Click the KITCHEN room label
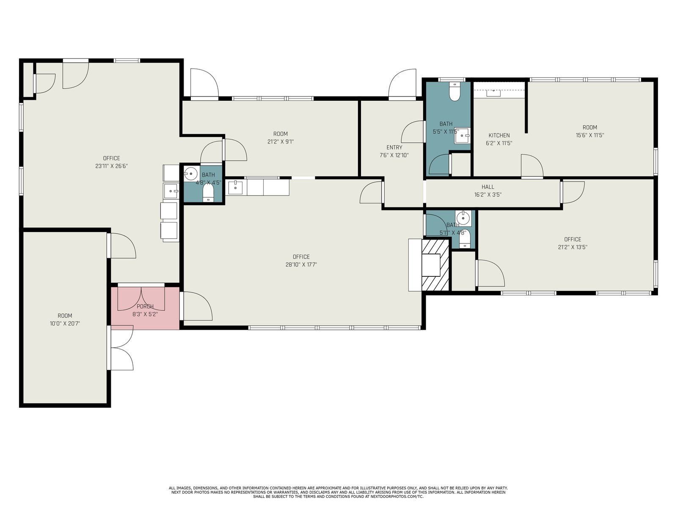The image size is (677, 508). (499, 135)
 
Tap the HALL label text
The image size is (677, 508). (487, 187)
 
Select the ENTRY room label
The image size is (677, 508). (394, 147)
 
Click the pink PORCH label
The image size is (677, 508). (145, 306)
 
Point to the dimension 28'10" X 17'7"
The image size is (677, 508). (301, 264)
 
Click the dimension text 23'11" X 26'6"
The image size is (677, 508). (111, 166)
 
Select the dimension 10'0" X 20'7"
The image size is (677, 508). (65, 323)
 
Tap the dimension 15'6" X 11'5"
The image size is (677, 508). (590, 135)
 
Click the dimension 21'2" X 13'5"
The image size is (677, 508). (572, 247)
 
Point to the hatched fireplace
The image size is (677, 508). (435, 265)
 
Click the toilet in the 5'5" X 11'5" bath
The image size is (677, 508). (454, 91)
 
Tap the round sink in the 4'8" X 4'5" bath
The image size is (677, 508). (191, 174)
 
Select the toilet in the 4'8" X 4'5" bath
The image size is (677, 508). (208, 193)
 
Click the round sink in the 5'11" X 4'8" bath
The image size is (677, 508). (463, 218)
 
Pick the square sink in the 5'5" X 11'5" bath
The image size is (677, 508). (462, 136)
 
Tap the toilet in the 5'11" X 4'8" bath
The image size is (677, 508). (465, 239)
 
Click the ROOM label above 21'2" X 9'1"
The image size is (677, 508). (281, 134)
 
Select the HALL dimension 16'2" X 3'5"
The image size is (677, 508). (487, 195)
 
